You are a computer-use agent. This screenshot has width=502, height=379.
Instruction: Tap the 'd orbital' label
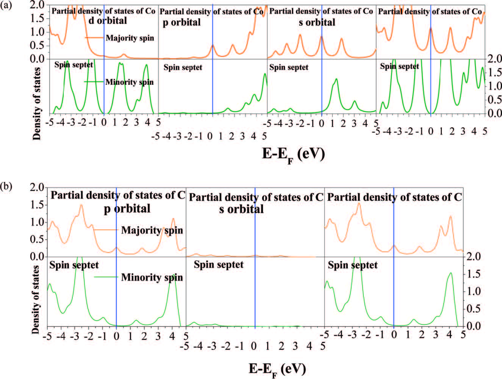108,21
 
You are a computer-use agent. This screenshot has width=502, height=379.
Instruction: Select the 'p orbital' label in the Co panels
182,22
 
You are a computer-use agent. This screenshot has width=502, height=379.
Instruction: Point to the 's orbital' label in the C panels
241,209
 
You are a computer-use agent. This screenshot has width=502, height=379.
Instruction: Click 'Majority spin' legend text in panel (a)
130,38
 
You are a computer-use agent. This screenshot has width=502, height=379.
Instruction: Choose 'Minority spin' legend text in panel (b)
152,278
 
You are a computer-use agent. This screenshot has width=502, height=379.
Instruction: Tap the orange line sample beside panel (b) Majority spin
106,230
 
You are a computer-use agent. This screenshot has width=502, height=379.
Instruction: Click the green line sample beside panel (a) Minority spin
94,82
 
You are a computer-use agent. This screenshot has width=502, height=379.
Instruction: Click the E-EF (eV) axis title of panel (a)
293,154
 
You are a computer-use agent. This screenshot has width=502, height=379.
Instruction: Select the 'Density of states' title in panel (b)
35,299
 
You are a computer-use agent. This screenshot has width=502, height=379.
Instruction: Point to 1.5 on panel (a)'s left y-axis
39,18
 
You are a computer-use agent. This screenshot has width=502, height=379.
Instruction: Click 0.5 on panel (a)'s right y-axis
493,100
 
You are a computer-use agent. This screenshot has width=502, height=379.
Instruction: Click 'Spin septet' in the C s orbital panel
219,265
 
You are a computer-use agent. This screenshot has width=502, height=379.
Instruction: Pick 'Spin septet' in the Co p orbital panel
183,68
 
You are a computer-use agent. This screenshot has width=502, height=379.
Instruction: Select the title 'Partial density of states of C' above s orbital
256,197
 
